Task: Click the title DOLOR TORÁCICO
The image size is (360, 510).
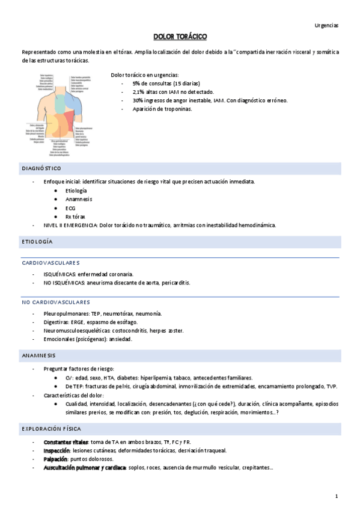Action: (180, 37)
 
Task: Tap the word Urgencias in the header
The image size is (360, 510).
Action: (326, 25)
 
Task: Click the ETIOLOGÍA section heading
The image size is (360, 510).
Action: (37, 242)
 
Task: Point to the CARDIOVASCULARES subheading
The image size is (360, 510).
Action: (50, 263)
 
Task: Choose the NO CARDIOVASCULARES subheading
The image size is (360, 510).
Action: (56, 302)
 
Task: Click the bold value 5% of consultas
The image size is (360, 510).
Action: (136, 83)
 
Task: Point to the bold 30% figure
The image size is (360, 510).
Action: (138, 100)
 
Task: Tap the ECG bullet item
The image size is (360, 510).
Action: (70, 207)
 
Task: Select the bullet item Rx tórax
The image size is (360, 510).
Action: (75, 217)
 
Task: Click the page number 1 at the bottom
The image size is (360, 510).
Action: (337, 496)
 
